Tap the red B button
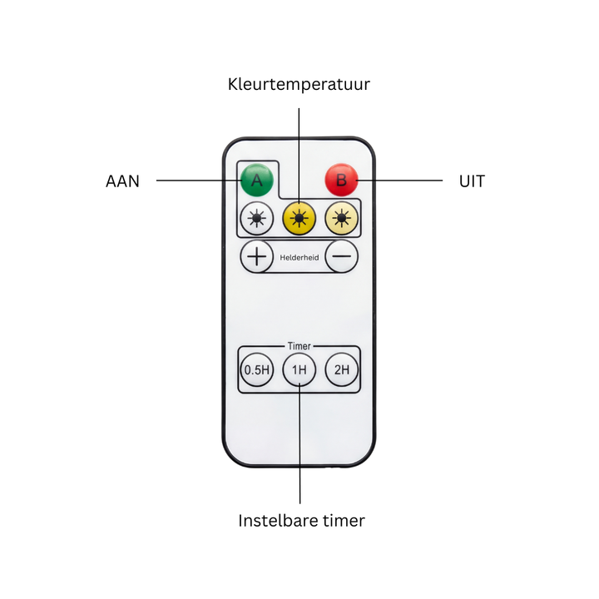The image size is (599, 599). [x=342, y=180]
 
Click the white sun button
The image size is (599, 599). [x=257, y=219]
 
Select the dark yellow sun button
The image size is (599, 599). [x=299, y=219]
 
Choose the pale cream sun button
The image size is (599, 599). [x=342, y=219]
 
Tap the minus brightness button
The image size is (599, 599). [x=342, y=256]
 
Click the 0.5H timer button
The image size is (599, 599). [x=257, y=369]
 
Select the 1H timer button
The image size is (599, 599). [x=299, y=369]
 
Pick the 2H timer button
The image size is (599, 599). [x=342, y=369]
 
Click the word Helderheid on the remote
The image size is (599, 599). [x=299, y=257]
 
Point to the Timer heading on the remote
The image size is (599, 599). [x=299, y=346]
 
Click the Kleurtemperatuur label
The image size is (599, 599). [x=299, y=84]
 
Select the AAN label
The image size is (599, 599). [x=122, y=181]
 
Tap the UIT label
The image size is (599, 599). [x=472, y=181]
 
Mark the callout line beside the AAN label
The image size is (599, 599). [x=200, y=181]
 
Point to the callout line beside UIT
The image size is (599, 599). [x=399, y=181]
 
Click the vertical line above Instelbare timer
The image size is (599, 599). [x=299, y=444]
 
